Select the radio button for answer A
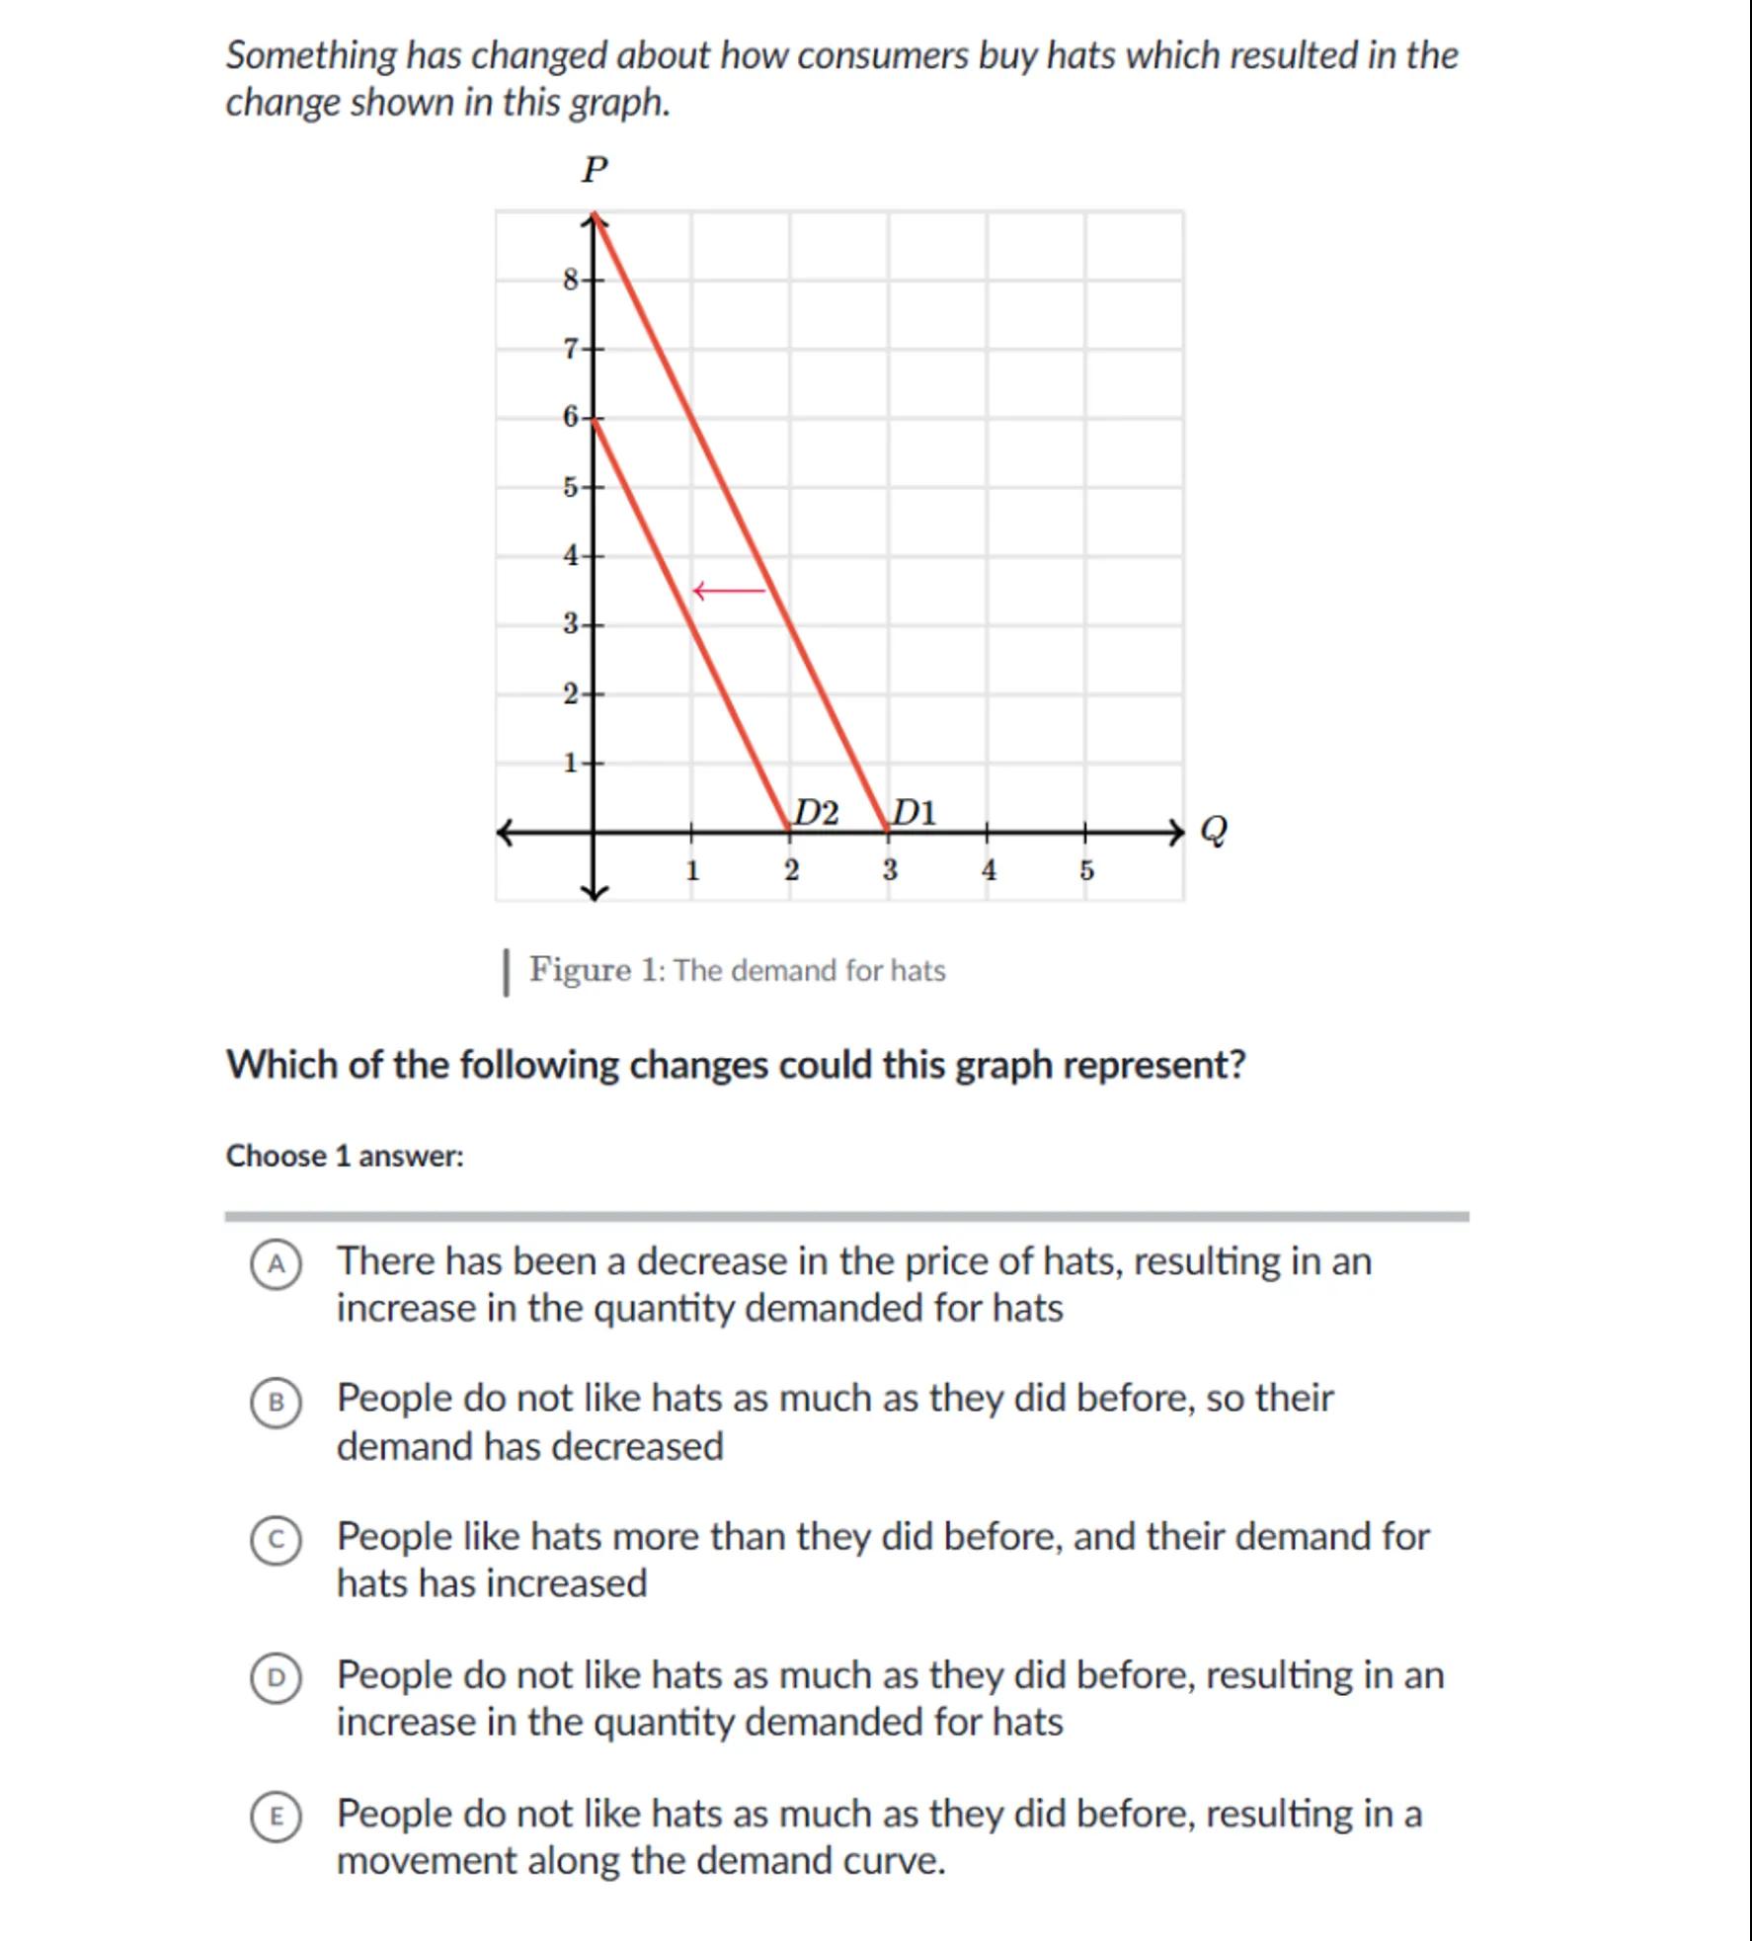[x=276, y=1264]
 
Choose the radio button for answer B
[x=276, y=1403]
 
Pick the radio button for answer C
[x=276, y=1541]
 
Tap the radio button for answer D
[x=276, y=1679]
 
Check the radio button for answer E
[x=276, y=1818]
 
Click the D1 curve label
[x=914, y=813]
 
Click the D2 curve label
[x=817, y=813]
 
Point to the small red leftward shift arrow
[x=729, y=591]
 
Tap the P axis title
[x=595, y=170]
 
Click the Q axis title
[x=1214, y=831]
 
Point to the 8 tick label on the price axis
[x=571, y=280]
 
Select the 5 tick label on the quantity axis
[x=1086, y=870]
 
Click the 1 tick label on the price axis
[x=571, y=763]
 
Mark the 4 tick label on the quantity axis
[x=989, y=870]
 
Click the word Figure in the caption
[x=580, y=969]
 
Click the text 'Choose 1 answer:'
[x=345, y=1156]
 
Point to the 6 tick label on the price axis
[x=571, y=417]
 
